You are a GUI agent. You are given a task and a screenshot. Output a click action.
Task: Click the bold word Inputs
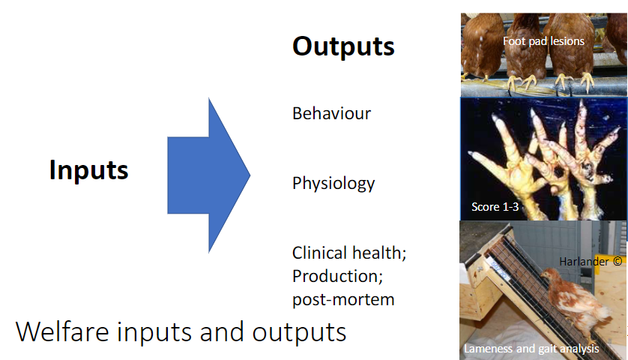pyautogui.click(x=88, y=170)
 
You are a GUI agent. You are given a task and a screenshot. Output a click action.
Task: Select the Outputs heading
pyautogui.click(x=343, y=46)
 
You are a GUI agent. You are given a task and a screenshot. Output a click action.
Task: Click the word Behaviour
pyautogui.click(x=331, y=114)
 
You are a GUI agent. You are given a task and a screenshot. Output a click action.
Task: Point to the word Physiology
pyautogui.click(x=333, y=183)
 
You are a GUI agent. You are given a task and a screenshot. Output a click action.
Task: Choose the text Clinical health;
pyautogui.click(x=349, y=253)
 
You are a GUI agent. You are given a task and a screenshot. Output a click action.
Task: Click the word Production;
pyautogui.click(x=337, y=276)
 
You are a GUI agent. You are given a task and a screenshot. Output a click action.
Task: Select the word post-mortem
pyautogui.click(x=343, y=299)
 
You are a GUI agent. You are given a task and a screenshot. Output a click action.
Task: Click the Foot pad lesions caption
pyautogui.click(x=543, y=41)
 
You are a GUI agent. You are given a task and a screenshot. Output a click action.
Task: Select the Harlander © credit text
pyautogui.click(x=591, y=262)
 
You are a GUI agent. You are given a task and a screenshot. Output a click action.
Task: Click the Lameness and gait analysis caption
pyautogui.click(x=531, y=349)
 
